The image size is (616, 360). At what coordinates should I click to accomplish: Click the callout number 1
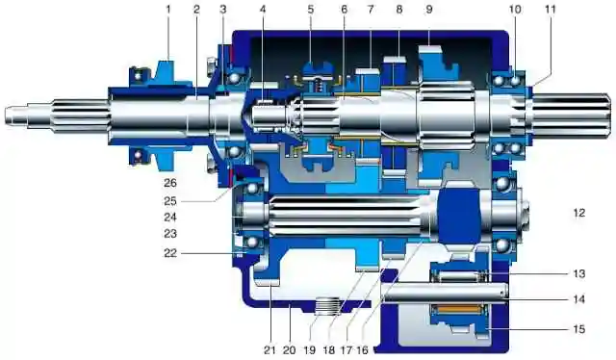168,10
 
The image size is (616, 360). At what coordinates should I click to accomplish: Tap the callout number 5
311,10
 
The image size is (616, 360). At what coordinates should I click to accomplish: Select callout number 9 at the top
429,10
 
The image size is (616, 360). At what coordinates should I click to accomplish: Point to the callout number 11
551,10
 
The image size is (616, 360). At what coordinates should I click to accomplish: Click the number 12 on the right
579,213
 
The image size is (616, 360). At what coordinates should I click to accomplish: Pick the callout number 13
579,273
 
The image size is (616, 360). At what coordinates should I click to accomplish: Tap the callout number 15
579,329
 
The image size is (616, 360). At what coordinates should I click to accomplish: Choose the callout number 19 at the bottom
310,349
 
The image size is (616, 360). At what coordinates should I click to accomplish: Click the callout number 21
269,349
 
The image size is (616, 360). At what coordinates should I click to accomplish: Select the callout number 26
170,183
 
